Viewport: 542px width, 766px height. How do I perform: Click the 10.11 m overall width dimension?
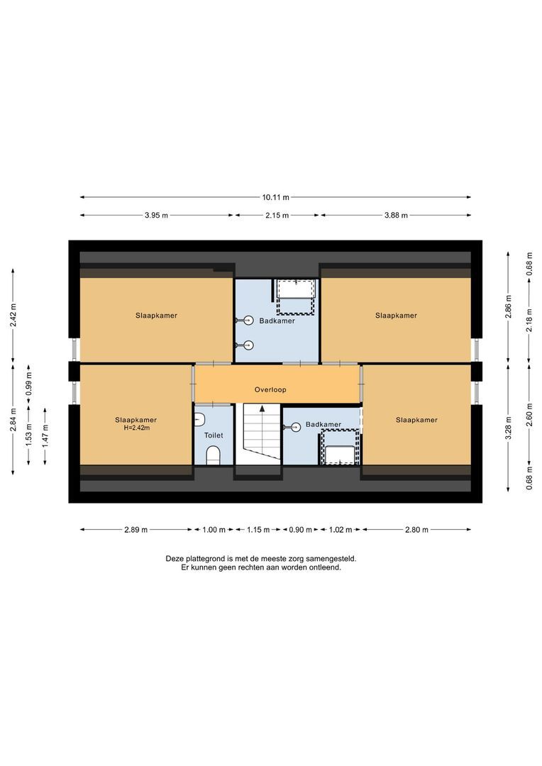[276, 198]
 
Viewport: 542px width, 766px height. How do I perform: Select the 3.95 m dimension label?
[156, 215]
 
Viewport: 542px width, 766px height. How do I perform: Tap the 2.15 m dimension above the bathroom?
[277, 215]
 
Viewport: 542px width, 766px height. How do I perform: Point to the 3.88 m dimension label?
[395, 215]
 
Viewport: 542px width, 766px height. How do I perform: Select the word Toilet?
[213, 435]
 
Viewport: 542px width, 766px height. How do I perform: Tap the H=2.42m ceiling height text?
[136, 428]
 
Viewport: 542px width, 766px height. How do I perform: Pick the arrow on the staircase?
[262, 409]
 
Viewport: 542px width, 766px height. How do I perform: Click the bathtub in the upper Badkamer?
[295, 296]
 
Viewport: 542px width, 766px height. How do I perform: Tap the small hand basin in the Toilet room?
[199, 419]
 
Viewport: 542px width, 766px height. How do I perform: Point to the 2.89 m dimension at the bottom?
[135, 529]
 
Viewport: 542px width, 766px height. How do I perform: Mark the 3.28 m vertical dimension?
[508, 427]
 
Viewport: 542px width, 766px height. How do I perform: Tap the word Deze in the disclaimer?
[175, 558]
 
